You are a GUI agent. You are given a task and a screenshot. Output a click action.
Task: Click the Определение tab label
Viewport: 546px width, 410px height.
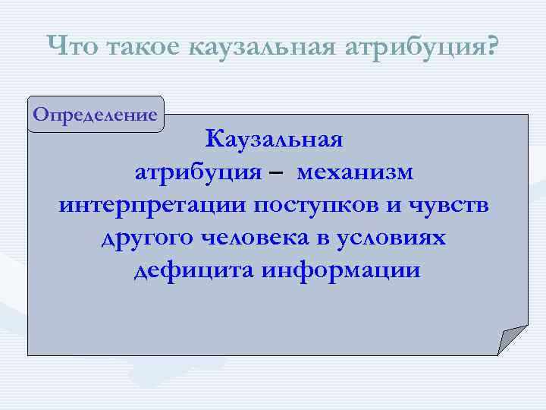(x=96, y=115)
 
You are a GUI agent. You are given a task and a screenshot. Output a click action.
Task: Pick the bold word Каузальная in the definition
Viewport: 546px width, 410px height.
(x=275, y=140)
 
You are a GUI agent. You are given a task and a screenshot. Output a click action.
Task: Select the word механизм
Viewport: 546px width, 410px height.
(x=356, y=172)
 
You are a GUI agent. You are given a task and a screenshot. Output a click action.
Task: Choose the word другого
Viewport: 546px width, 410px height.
(x=148, y=238)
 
